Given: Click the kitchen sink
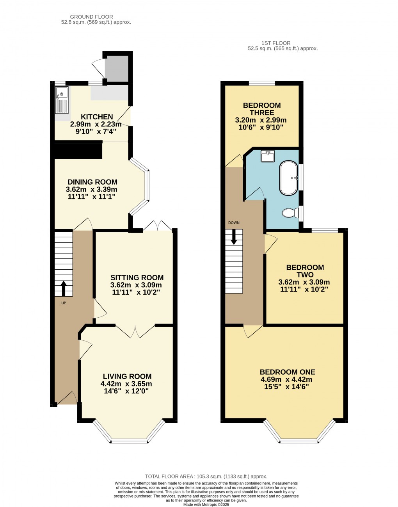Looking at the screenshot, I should click(x=62, y=100).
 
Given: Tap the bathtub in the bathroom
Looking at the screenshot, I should click(x=289, y=178).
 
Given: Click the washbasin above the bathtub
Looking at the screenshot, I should click(x=268, y=156).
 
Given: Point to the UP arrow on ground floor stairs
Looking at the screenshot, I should click(x=63, y=288).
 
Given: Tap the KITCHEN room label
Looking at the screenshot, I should click(x=97, y=117).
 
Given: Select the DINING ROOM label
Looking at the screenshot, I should click(x=92, y=182).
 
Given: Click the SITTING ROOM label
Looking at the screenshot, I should click(x=137, y=278).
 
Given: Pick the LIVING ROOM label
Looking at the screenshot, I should click(x=127, y=376).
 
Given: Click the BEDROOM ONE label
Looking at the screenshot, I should click(x=288, y=372).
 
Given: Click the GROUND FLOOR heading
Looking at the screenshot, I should click(x=91, y=17).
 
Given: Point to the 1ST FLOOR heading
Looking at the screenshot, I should click(x=276, y=43).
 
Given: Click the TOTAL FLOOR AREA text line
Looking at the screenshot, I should click(x=206, y=476).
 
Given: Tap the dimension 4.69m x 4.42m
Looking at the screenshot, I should click(x=286, y=379).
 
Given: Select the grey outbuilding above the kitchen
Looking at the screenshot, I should click(x=117, y=69).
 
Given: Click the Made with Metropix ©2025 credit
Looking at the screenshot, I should click(x=206, y=504).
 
